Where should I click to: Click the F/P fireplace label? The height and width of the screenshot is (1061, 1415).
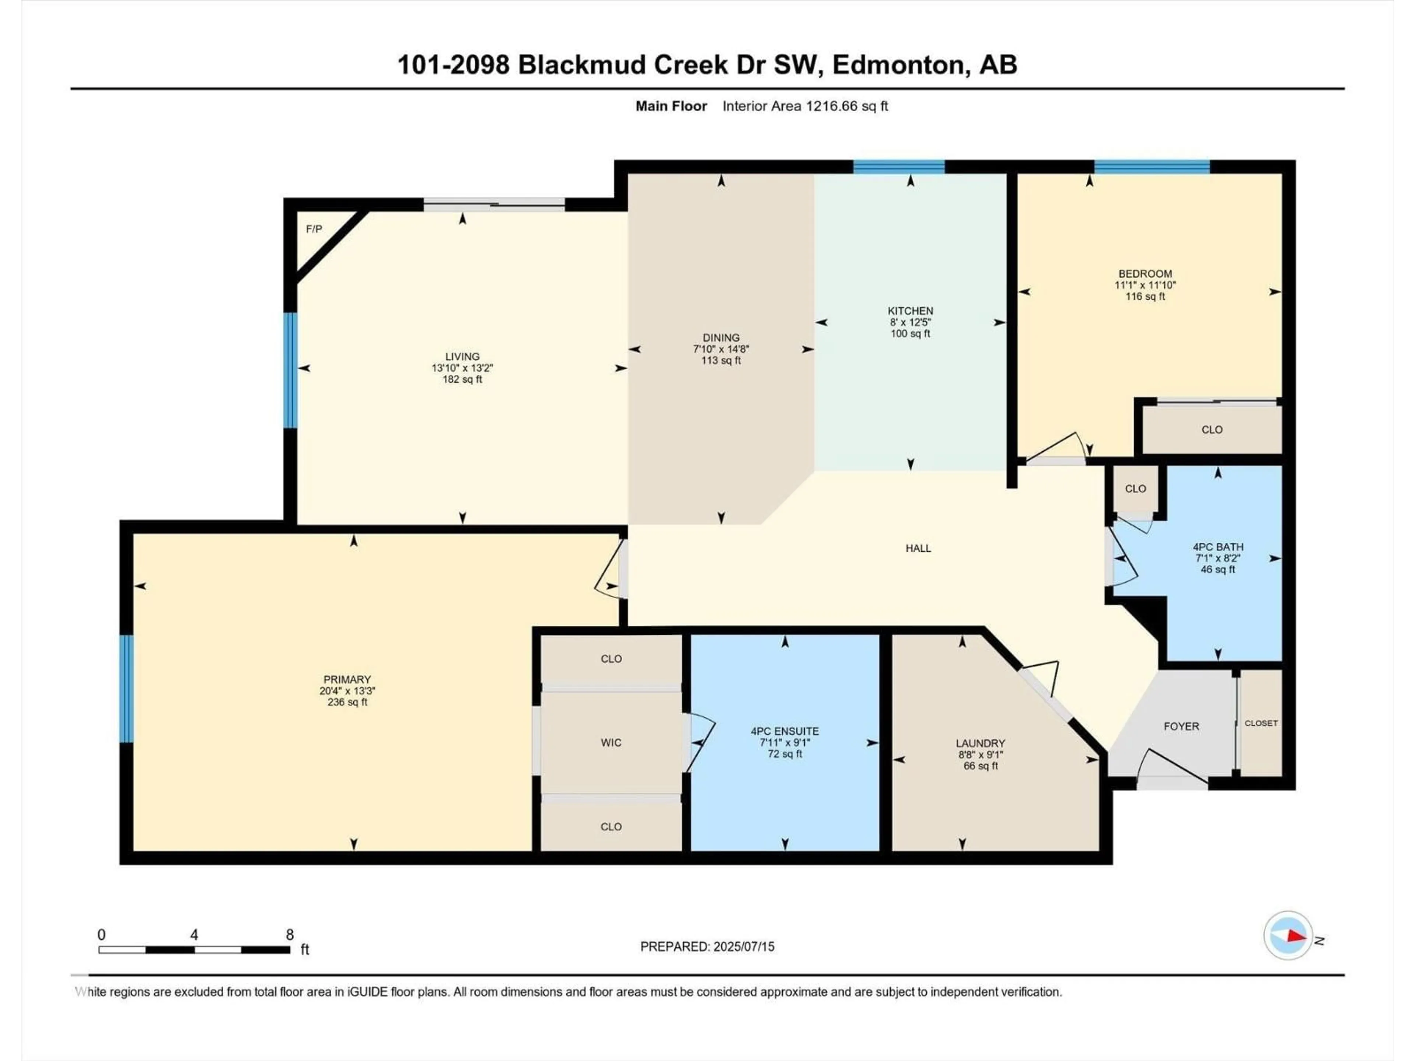click(x=314, y=229)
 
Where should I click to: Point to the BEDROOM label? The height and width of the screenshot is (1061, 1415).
click(x=1145, y=274)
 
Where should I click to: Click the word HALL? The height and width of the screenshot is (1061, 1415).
click(x=918, y=548)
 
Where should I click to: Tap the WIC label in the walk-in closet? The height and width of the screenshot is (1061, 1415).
click(x=611, y=742)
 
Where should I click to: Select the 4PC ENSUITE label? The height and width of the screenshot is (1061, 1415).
click(x=785, y=731)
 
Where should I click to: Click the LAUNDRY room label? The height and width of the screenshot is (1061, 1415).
click(x=980, y=743)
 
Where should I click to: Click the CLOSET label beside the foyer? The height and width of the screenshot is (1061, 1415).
click(x=1261, y=723)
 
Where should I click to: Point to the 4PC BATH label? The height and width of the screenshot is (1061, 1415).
click(x=1218, y=547)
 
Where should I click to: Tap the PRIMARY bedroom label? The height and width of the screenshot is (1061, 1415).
click(x=347, y=679)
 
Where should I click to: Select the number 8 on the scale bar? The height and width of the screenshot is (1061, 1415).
click(x=290, y=934)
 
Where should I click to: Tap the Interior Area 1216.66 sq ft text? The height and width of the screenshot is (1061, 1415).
click(x=805, y=106)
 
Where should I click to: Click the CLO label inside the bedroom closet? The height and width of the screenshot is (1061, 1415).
click(x=1212, y=430)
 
